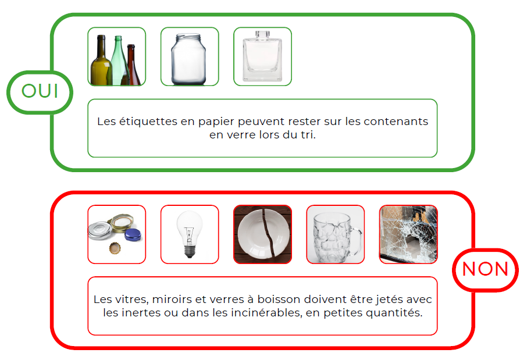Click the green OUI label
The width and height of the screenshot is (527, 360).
click(x=40, y=91)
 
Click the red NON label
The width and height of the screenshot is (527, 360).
click(x=485, y=269)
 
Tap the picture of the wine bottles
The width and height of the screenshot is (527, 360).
click(x=116, y=56)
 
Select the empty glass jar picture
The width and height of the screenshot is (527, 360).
click(x=190, y=56)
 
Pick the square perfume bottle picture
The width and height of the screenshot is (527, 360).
click(x=262, y=56)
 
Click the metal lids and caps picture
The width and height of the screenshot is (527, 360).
click(x=116, y=234)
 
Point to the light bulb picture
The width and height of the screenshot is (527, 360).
click(x=190, y=234)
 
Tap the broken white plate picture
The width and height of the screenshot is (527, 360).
click(x=262, y=234)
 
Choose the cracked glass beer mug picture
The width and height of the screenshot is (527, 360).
click(x=336, y=234)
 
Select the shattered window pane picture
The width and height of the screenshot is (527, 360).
click(x=408, y=234)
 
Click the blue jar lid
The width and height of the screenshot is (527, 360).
click(x=133, y=234)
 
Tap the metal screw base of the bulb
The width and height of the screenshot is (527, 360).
click(x=190, y=251)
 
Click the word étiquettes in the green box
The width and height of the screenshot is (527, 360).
click(x=143, y=122)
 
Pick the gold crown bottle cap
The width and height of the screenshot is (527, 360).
click(x=115, y=249)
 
